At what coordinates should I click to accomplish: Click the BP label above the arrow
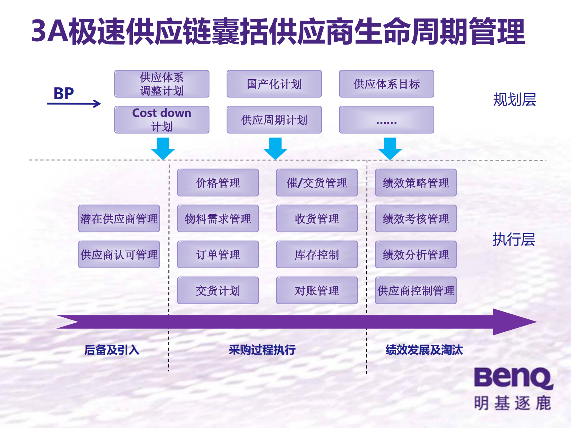pos(64,94)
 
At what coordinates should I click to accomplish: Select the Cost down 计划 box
pos(162,119)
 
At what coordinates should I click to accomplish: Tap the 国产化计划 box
pos(274,84)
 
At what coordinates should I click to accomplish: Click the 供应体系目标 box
pos(386,84)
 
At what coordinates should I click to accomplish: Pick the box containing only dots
pos(386,120)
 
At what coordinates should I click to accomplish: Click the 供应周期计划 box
pos(274,120)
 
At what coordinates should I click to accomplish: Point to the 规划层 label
pos(514,100)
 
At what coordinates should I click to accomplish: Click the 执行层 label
pos(513,239)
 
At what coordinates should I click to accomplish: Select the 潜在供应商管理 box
pos(119,219)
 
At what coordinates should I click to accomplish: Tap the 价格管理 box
pos(218,183)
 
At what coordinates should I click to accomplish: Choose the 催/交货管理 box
pos(317,183)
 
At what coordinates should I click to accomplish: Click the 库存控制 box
pos(317,255)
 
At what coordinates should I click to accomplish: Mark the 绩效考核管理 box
pos(416,219)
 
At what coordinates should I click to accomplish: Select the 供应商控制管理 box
pos(416,291)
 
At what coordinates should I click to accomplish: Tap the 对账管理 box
pos(317,291)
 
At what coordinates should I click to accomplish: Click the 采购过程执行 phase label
pos(262,350)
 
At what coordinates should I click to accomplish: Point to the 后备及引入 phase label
pos(112,350)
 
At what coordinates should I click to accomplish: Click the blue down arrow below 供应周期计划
pos(275,148)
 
